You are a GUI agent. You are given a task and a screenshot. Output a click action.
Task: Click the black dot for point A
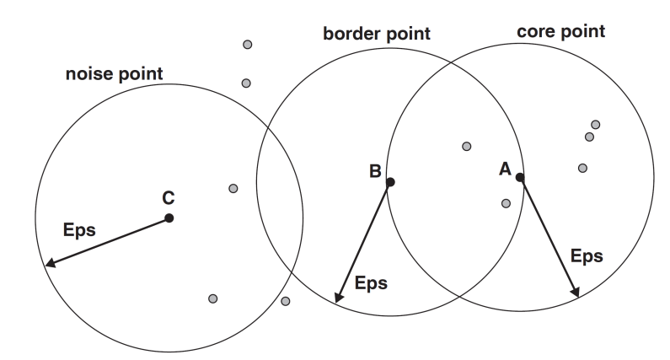pos(520,177)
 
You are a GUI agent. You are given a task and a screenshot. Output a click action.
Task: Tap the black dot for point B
pos(389,181)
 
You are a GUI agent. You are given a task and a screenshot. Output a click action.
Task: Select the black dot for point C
pos(169,218)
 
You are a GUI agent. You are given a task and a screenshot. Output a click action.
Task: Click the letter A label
pos(506,169)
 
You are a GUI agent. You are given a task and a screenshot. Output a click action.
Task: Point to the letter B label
pos(375,172)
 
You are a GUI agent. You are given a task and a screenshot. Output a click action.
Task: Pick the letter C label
pos(168,198)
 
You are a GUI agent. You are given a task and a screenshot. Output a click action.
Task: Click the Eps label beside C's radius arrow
pos(79,228)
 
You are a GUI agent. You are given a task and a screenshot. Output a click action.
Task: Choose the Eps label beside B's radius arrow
pos(371,282)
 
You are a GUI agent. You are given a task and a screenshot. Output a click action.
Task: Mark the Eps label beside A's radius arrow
pos(587,255)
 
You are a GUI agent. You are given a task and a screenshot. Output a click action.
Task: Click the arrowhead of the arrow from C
pos(49,265)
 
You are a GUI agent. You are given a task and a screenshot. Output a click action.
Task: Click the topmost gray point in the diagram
pos(247,45)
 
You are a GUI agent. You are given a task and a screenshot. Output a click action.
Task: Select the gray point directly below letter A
pos(506,203)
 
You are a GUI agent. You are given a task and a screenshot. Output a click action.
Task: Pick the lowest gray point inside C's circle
pos(213,298)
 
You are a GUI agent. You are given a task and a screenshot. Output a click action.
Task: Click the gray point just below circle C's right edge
pos(286,301)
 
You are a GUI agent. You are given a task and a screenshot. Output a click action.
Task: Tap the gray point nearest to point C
pos(233,187)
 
